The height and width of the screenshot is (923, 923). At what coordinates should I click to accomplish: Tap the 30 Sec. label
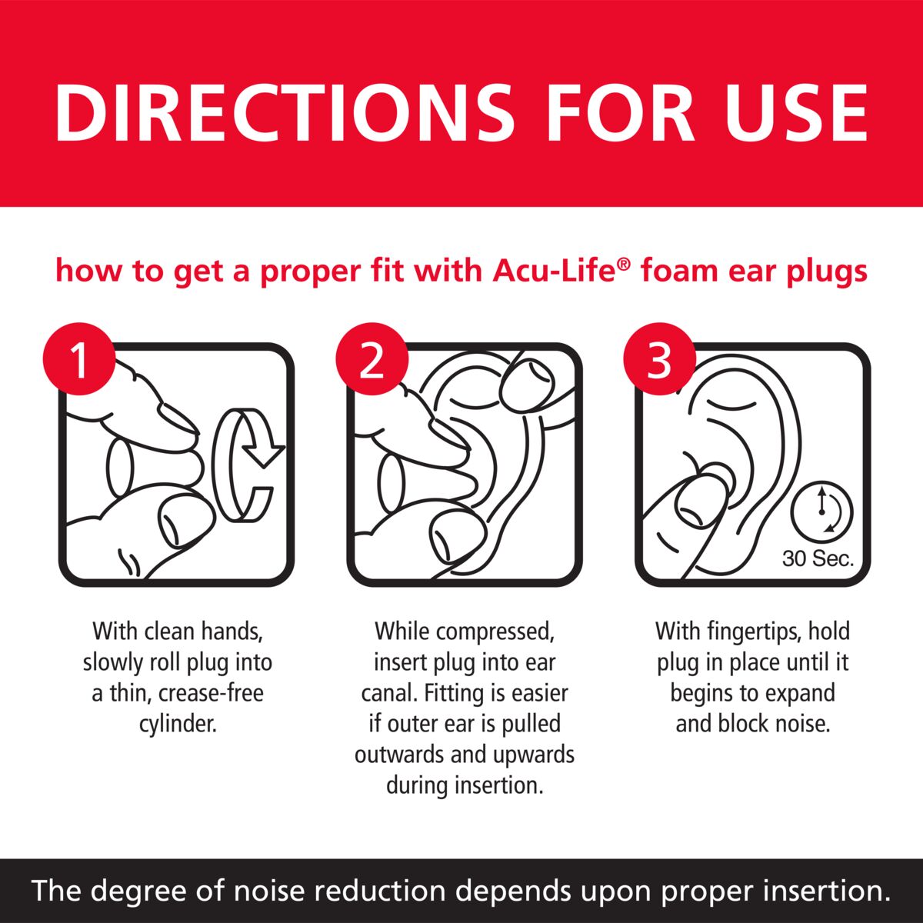818,559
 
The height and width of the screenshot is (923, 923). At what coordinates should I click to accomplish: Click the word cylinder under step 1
178,724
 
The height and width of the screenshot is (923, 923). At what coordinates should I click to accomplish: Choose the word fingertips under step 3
744,631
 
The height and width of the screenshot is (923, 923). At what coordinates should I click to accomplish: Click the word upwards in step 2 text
538,755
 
